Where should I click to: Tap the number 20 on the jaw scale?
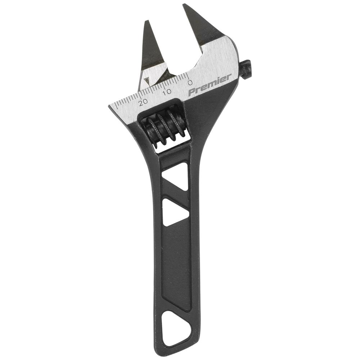pyautogui.click(x=143, y=102)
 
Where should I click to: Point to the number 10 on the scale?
pyautogui.click(x=166, y=92)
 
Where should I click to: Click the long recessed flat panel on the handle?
pyautogui.click(x=176, y=266)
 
